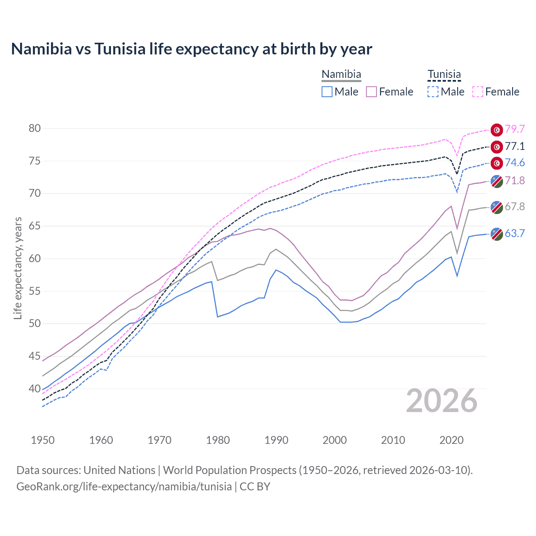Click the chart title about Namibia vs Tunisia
point(191,49)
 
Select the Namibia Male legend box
point(327,92)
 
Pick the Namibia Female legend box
point(371,92)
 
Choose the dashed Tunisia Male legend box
point(433,92)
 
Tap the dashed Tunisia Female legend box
point(478,92)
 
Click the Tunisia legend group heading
point(444,75)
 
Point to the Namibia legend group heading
point(341,75)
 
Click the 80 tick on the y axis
point(35,129)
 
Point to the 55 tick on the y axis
point(35,291)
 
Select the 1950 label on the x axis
point(43,440)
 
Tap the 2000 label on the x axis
point(335,440)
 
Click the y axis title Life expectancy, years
point(18,268)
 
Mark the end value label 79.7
point(515,129)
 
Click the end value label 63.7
point(515,234)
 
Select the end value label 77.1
point(515,146)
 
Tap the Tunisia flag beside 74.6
point(497,163)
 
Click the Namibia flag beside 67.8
point(497,207)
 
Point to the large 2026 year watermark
point(442,401)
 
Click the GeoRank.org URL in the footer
point(124,487)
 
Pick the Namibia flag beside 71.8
point(497,181)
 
